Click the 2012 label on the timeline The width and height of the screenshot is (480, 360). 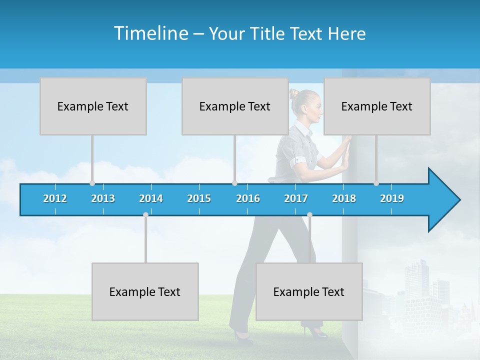55,198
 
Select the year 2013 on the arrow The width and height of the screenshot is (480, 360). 103,198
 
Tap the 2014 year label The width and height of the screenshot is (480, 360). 151,198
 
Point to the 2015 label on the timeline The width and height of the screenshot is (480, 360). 199,198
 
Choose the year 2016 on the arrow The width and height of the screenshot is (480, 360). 248,198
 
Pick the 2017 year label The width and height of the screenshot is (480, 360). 296,198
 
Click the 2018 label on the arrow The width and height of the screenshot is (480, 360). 344,198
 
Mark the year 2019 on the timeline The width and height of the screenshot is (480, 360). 392,198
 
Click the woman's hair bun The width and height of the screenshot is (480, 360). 293,93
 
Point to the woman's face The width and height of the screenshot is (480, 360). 313,107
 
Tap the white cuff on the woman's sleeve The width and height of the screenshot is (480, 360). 299,161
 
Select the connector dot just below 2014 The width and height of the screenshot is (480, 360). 145,215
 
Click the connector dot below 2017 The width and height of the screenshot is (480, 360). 309,215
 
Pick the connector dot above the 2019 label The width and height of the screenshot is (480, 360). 376,183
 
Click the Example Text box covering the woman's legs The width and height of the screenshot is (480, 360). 309,291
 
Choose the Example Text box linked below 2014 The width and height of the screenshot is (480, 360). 145,291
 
